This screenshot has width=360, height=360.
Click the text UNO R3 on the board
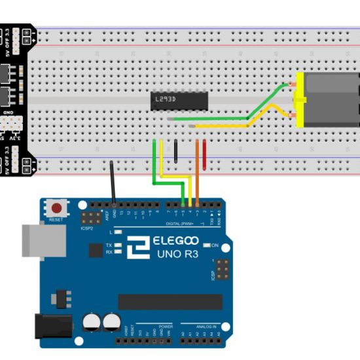177,253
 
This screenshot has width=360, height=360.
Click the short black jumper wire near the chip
175,151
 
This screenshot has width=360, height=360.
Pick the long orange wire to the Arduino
197,170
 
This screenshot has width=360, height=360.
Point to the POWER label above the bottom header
166,325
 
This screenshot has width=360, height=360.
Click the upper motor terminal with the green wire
293,84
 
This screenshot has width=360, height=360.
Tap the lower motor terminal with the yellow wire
293,117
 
